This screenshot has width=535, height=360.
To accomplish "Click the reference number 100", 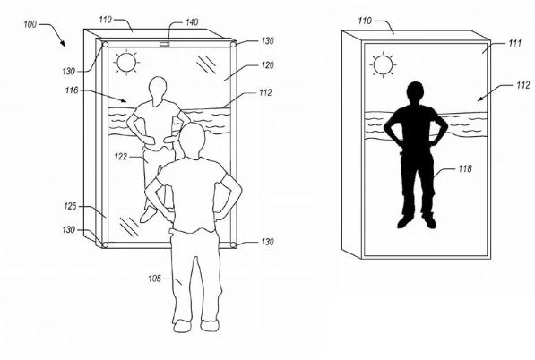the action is [30, 24].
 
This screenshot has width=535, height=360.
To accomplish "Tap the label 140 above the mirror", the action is [192, 22].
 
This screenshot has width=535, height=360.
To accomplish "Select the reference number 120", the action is [267, 64].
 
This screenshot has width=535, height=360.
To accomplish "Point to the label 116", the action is [72, 90].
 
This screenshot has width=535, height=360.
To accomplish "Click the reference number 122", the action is [121, 157].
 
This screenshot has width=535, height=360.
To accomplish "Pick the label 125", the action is [70, 206].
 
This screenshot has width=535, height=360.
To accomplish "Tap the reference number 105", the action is [154, 279].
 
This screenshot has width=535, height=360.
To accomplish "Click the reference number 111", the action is [515, 43].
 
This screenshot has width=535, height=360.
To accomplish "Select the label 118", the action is [465, 168].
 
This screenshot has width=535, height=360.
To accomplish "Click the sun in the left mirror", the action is [126, 62].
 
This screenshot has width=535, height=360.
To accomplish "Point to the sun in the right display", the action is [383, 65].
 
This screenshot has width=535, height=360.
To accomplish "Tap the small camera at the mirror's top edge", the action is [165, 43].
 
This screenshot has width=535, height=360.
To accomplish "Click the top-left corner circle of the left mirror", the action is [105, 45].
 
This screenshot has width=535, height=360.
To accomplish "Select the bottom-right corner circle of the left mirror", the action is [233, 245].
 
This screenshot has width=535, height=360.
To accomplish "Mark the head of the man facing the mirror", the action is [192, 139].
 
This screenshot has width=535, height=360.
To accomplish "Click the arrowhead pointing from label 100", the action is [63, 44].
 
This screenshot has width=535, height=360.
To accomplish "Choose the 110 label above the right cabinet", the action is [365, 21].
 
